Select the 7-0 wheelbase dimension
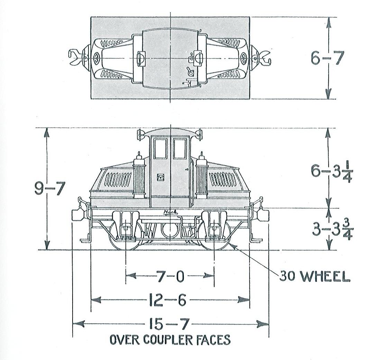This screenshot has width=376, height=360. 170,276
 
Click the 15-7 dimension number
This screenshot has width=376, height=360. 169,324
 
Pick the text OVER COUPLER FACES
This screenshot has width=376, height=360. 170,340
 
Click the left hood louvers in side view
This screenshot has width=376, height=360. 118,179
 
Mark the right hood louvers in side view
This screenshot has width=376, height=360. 223,179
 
